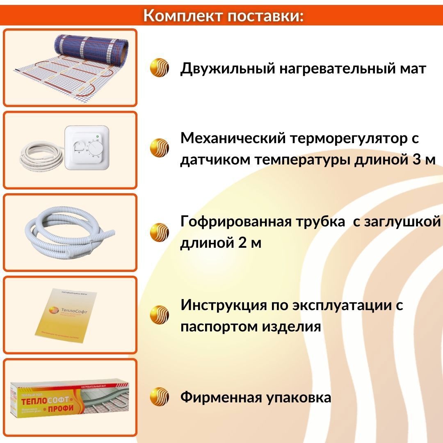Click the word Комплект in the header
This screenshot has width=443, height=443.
click(183, 16)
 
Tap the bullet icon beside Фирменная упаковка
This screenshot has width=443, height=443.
click(160, 397)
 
